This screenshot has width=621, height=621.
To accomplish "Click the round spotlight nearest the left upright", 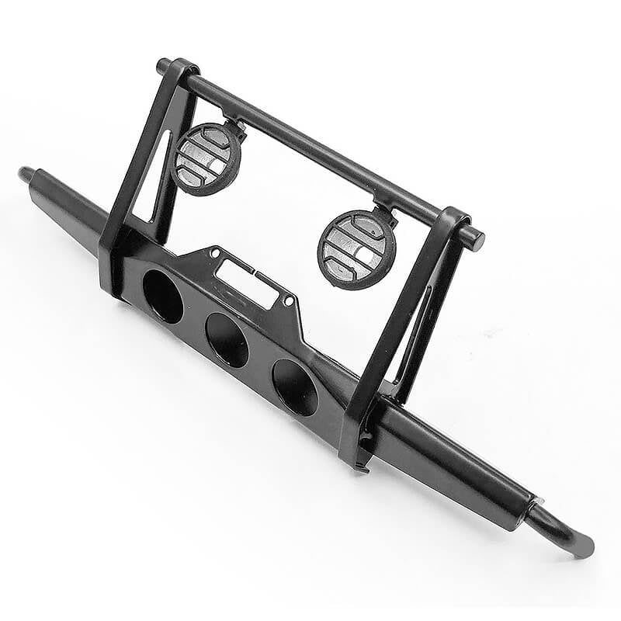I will tap(206, 158).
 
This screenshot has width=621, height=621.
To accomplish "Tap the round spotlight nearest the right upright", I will tap(357, 249).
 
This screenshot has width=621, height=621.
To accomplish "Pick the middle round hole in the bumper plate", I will tap(227, 340).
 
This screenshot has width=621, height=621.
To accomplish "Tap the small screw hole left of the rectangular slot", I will tap(211, 253).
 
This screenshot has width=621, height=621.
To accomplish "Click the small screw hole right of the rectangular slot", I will tap(289, 300).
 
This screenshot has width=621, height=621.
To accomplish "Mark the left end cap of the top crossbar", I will tap(163, 66).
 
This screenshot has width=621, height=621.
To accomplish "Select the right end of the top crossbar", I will tap(476, 240).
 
